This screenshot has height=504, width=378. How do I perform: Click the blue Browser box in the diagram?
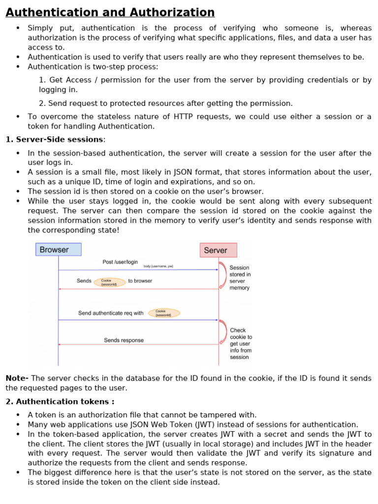click(58, 250)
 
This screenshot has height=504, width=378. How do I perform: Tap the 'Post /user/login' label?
click(120, 262)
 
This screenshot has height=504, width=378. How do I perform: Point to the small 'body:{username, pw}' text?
click(158, 266)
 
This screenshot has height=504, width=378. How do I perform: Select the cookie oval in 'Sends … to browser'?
click(109, 282)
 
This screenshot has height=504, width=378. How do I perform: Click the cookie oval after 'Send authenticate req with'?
click(164, 313)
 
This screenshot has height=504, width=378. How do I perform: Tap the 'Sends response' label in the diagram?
click(124, 340)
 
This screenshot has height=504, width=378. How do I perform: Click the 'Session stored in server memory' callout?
click(240, 278)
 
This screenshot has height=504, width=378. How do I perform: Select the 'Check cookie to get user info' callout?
click(241, 344)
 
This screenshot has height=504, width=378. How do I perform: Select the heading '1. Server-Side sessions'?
click(55, 140)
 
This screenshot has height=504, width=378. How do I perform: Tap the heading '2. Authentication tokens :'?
click(60, 402)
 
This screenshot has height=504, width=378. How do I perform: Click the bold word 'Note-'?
click(17, 378)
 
